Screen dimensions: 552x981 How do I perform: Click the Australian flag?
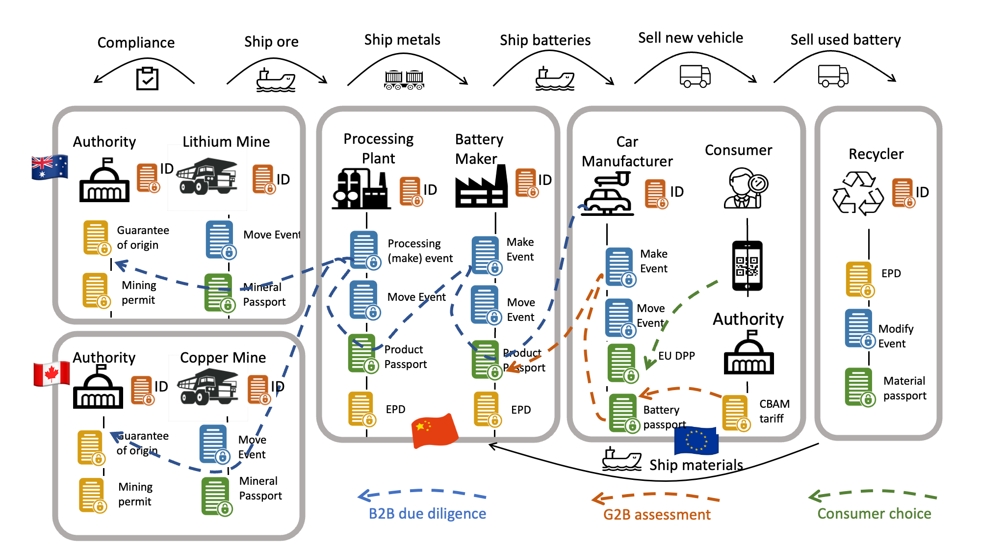coord(49,167)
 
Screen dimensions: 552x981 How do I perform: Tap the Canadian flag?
coord(51,374)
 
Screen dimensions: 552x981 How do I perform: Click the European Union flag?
coord(696,440)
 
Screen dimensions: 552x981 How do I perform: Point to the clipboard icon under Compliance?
coord(147,79)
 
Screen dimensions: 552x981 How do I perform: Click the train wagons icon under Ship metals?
coord(404,80)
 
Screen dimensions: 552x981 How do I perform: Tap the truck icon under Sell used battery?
coord(833,76)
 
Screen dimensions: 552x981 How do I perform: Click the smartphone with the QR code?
coord(747,265)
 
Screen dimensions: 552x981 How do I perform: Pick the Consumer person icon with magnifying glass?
coord(745,188)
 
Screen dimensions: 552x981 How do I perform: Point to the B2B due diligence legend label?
coord(427,514)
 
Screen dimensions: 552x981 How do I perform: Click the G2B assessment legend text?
coord(656,515)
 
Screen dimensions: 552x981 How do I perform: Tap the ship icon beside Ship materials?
coord(621,459)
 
